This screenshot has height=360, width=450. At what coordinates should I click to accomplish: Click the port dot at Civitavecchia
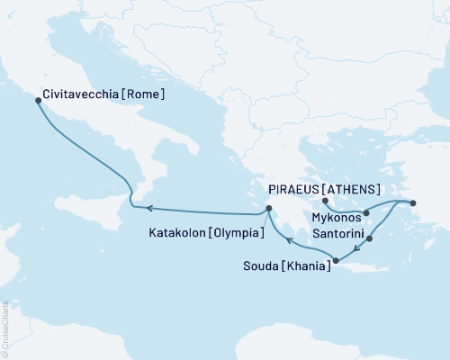(x=37, y=101)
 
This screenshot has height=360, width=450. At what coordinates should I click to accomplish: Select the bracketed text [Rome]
(x=145, y=91)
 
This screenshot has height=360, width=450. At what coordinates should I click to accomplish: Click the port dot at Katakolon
(x=267, y=211)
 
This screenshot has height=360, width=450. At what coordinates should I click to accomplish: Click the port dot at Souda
(x=336, y=262)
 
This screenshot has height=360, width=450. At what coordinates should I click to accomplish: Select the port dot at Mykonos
(x=365, y=213)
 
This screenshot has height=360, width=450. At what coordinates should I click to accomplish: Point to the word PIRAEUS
(x=294, y=189)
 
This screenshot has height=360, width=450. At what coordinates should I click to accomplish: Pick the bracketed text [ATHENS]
(x=352, y=189)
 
